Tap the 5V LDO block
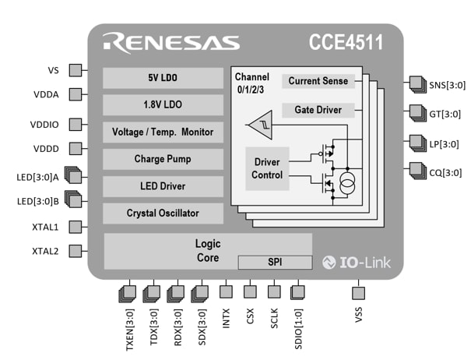tap(162, 78)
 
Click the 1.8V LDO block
tap(162, 104)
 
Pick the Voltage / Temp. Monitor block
tap(162, 132)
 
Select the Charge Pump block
tap(162, 159)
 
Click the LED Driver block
tap(162, 185)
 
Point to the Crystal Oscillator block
tap(162, 213)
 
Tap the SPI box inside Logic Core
tap(274, 262)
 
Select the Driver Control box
tap(267, 168)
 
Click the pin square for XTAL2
tap(76, 251)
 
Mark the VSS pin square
tap(358, 292)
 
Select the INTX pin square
tap(226, 292)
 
